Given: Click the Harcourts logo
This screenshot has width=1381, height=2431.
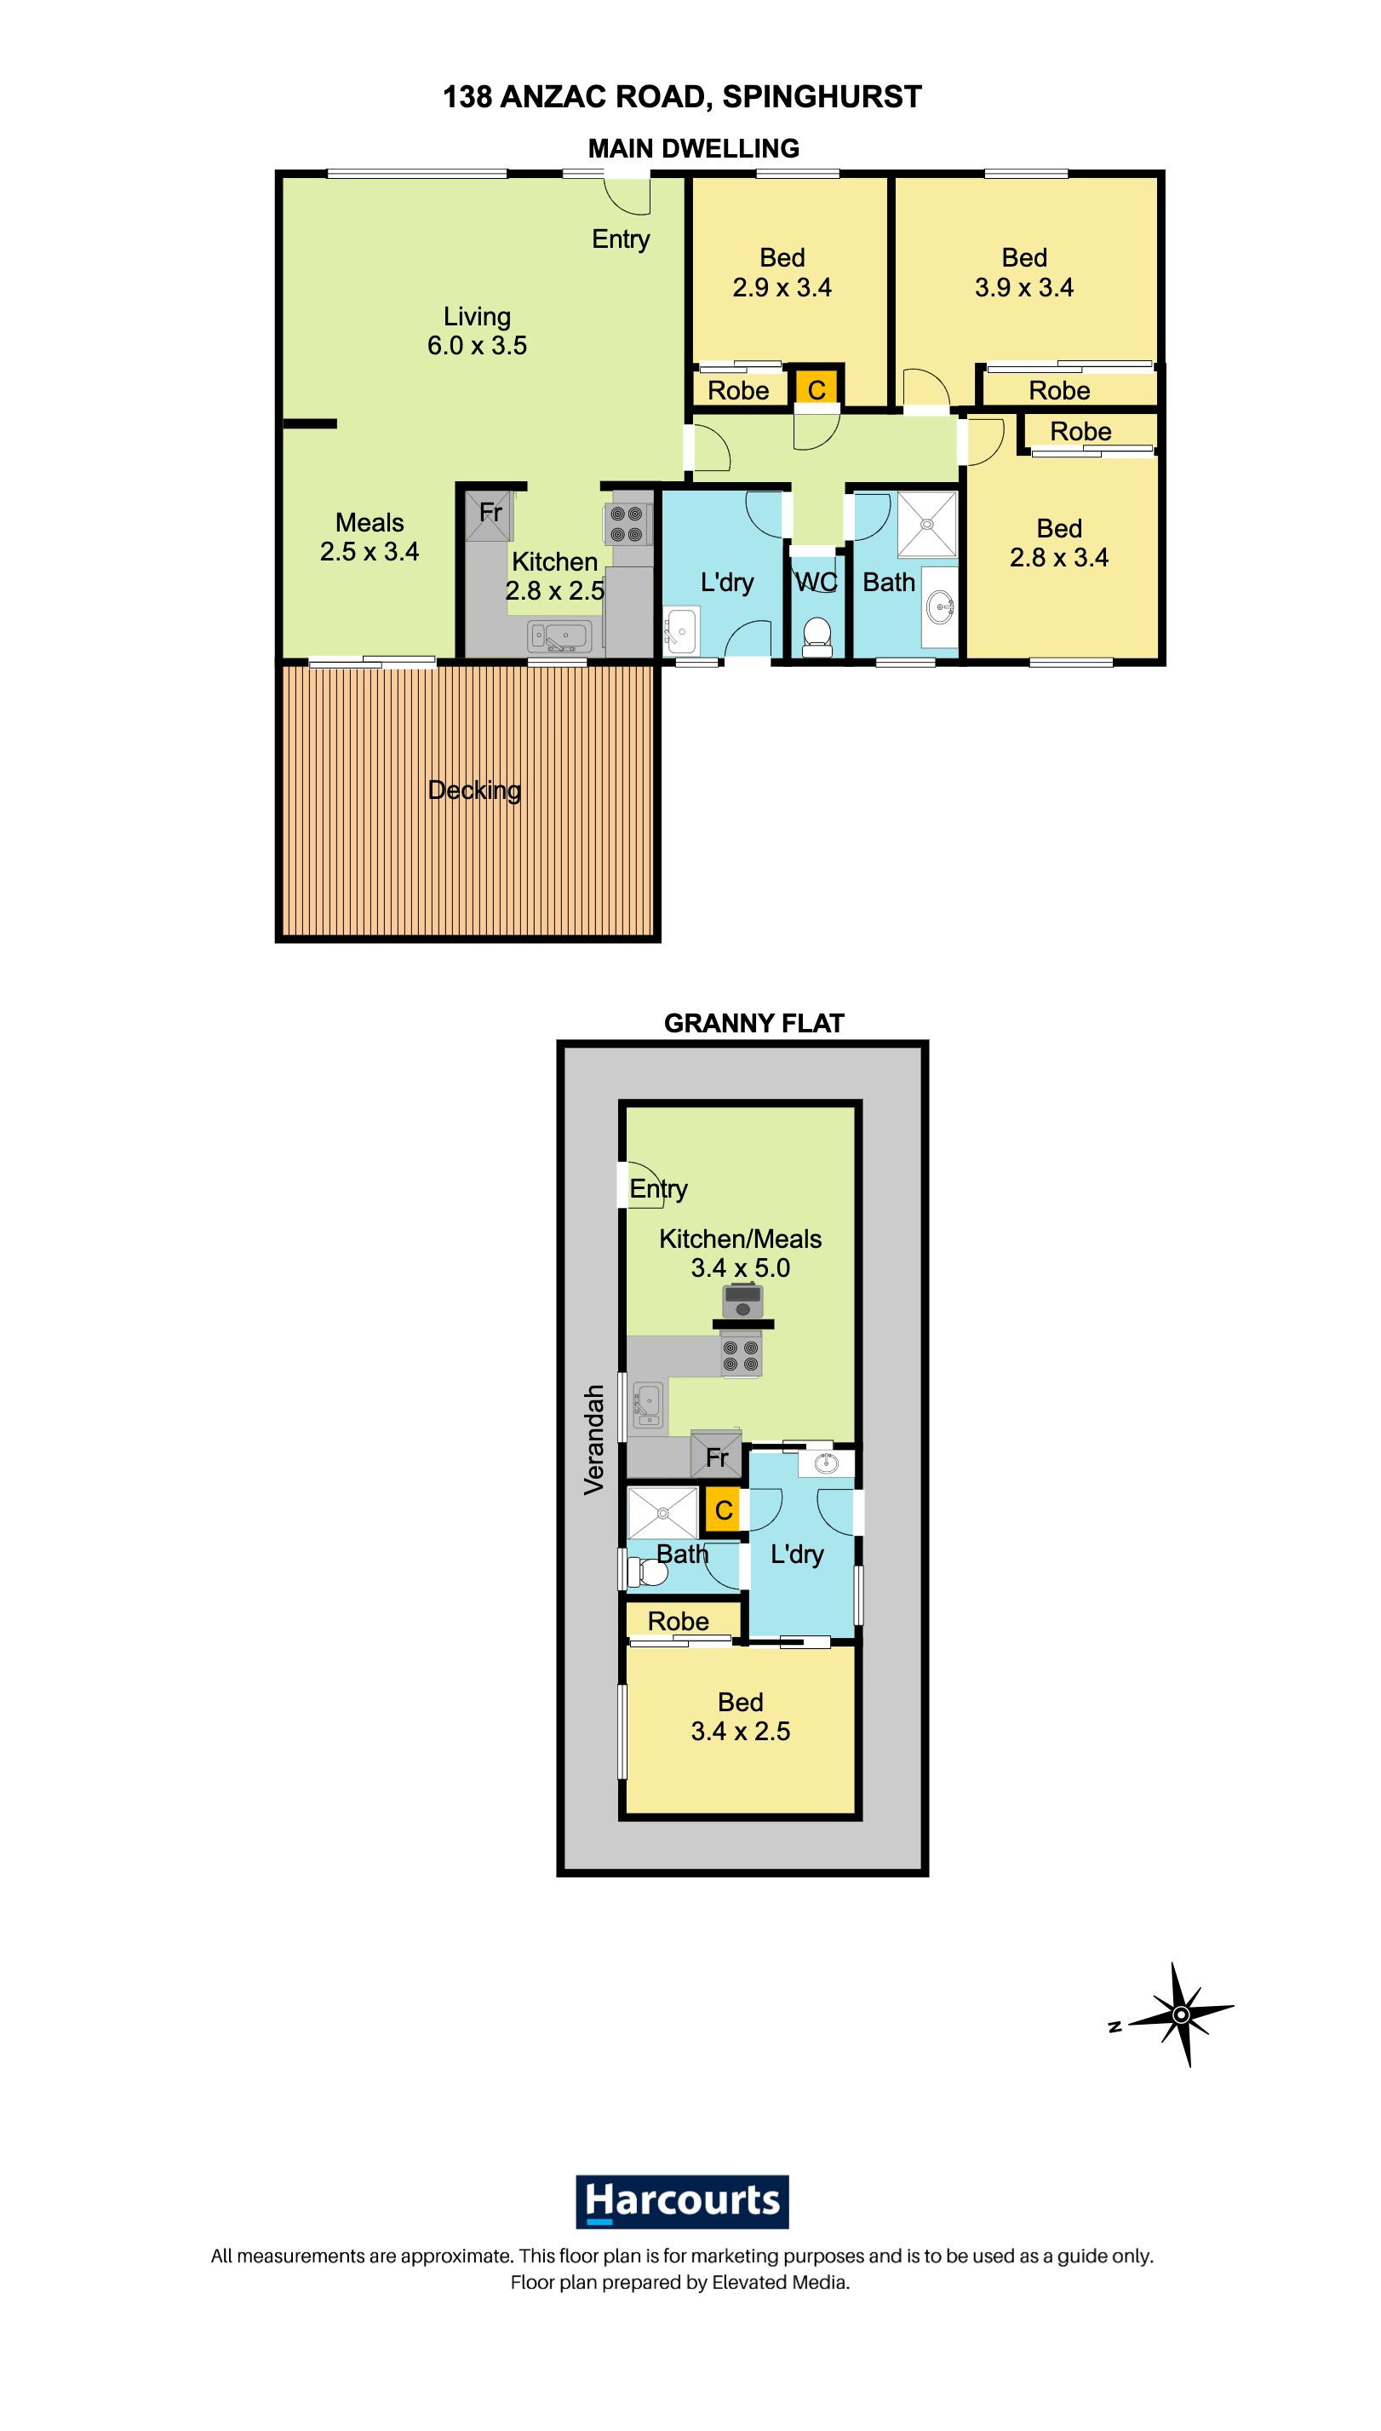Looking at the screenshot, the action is [x=682, y=2200].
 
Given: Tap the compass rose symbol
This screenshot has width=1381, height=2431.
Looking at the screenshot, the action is [x=1181, y=2014].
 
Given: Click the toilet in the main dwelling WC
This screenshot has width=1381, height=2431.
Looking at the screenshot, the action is [x=817, y=636].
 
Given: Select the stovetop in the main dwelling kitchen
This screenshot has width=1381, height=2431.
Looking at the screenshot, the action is [x=627, y=523].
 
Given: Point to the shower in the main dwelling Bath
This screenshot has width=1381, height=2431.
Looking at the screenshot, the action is [x=926, y=523].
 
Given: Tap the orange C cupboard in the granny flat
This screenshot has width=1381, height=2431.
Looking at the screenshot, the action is [x=723, y=1509].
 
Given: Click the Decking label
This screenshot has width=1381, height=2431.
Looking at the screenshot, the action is [x=474, y=790].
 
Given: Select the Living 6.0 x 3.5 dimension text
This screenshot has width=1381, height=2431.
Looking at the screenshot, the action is [x=477, y=345].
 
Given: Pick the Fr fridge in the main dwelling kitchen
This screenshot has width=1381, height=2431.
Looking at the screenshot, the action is [x=490, y=515].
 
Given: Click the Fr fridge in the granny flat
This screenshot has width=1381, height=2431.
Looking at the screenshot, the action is [x=716, y=1456].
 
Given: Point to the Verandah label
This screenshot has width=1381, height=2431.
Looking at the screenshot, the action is [x=593, y=1440].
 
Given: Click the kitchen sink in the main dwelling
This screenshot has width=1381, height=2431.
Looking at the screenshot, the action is [x=560, y=635].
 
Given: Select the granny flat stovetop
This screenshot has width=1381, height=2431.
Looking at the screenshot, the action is [x=741, y=1354].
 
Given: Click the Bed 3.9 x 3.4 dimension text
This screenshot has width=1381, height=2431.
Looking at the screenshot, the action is [x=1024, y=288].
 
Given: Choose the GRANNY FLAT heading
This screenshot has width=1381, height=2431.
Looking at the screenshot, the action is [x=754, y=1023].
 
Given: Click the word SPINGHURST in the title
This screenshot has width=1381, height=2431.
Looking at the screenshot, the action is [x=822, y=97].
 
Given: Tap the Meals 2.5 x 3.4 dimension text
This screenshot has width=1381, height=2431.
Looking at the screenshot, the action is [x=370, y=551].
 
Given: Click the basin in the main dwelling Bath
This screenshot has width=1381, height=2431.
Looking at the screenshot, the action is [x=941, y=606].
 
